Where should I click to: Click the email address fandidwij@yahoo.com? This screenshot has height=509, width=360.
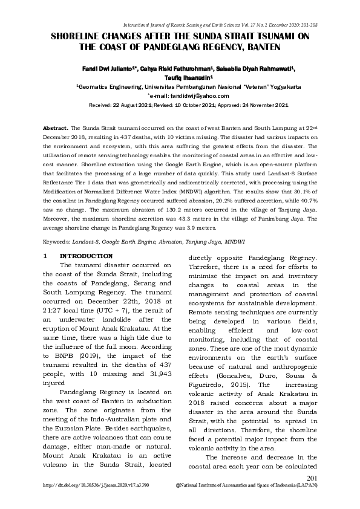click(x=195, y=96)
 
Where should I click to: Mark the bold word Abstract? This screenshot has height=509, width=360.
click(x=55, y=129)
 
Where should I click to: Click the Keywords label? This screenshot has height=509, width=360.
click(x=59, y=241)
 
